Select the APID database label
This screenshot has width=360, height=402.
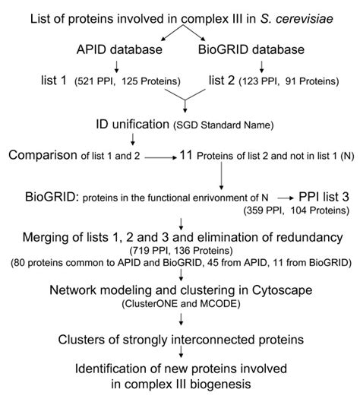point(108,51)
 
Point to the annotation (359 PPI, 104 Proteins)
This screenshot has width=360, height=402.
point(301,208)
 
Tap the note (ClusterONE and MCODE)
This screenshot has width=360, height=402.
point(179,302)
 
